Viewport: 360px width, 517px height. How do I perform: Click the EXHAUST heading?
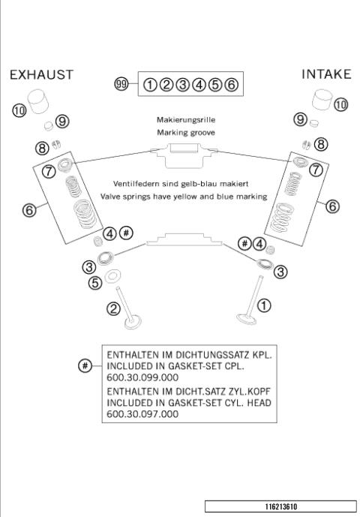coord(41,75)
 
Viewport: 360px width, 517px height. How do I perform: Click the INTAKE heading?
coord(326,74)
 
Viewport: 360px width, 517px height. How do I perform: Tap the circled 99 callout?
coord(121,84)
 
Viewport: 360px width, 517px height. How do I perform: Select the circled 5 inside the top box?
coord(215,85)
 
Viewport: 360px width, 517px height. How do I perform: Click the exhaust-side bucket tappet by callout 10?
coord(37,101)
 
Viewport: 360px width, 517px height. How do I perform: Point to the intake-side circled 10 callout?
coord(341,105)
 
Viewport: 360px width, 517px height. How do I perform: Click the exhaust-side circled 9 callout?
coord(62,121)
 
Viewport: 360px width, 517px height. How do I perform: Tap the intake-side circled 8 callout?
coord(321,144)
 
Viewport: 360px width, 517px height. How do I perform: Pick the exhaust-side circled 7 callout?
coord(49,171)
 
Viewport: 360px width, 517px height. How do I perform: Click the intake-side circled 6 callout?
coord(333,206)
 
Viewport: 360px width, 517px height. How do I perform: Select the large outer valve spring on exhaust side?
coord(85,215)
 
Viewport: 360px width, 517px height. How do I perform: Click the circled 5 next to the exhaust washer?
coord(95,283)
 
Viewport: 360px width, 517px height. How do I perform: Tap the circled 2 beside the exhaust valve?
coord(114,309)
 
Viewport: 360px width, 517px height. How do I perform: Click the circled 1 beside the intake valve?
coord(264,305)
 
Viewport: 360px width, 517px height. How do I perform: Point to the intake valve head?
coord(247,319)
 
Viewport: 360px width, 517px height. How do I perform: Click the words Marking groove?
coord(186,133)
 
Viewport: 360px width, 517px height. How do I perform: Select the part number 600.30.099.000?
coord(142,377)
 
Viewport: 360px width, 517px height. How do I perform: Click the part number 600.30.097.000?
coord(142,413)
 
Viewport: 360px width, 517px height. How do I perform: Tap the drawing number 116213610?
coord(281,506)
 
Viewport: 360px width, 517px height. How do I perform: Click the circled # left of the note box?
coord(85,365)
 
